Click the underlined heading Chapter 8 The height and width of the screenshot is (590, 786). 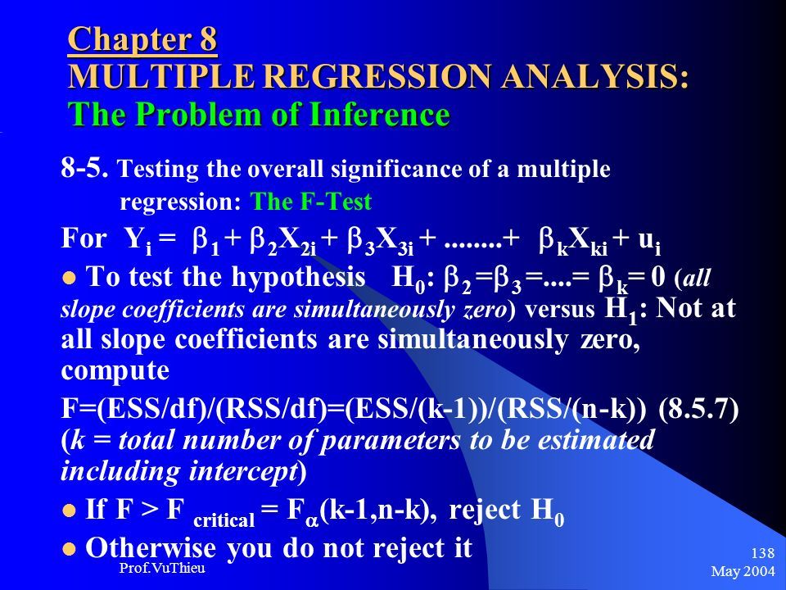[x=142, y=39]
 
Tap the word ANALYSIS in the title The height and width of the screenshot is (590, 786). [x=595, y=76]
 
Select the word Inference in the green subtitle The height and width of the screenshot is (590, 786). [x=379, y=114]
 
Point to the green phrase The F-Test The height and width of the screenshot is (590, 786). [x=311, y=202]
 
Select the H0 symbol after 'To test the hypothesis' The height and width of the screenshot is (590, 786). [x=408, y=279]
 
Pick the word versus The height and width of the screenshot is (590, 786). [x=559, y=310]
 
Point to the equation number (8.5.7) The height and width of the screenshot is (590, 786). [x=698, y=410]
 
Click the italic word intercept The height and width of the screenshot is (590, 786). [x=243, y=471]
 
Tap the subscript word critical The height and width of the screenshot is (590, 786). [x=224, y=520]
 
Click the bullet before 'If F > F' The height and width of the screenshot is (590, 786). [x=69, y=511]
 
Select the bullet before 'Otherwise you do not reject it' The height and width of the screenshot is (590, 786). [x=69, y=549]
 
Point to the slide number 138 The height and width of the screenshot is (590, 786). [x=762, y=553]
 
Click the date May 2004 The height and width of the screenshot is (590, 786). [x=743, y=571]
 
